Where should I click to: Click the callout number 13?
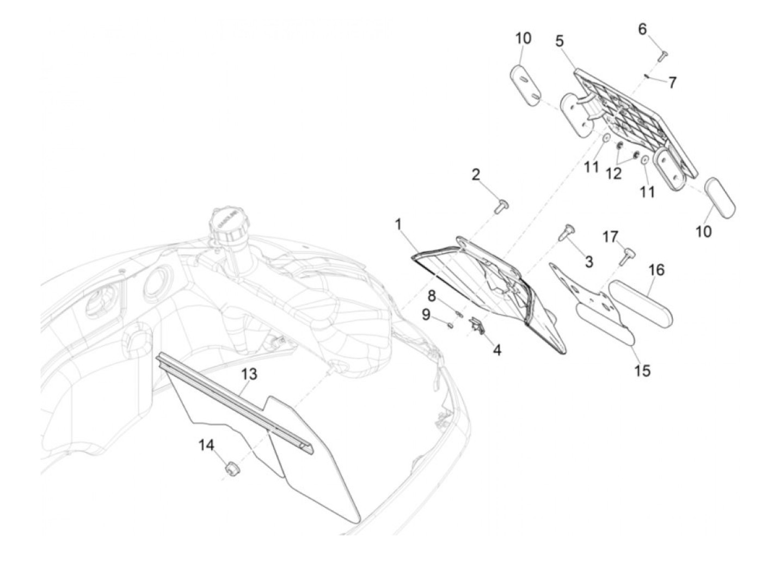pyautogui.click(x=249, y=375)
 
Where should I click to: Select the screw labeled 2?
pyautogui.click(x=502, y=206)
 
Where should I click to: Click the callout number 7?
pyautogui.click(x=673, y=83)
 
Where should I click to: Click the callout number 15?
pyautogui.click(x=642, y=371)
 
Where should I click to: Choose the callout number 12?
pyautogui.click(x=613, y=173)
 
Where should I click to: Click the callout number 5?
pyautogui.click(x=560, y=41)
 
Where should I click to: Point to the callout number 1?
pyautogui.click(x=398, y=224)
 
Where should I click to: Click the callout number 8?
pyautogui.click(x=432, y=296)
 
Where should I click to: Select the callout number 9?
pyautogui.click(x=426, y=314)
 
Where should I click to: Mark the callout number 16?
pyautogui.click(x=656, y=270)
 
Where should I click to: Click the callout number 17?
pyautogui.click(x=610, y=237)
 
